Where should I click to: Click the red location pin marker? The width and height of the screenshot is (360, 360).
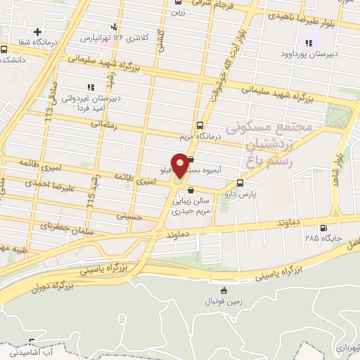(x=180, y=165)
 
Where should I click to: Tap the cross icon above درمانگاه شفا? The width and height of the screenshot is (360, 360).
(x=37, y=32)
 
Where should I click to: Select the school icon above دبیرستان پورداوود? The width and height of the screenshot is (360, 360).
(x=308, y=43)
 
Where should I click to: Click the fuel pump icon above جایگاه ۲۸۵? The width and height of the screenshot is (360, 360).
(x=323, y=227)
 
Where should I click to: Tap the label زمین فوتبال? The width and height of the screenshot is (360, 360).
(x=224, y=301)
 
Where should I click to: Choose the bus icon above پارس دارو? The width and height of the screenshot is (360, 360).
(x=241, y=182)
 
